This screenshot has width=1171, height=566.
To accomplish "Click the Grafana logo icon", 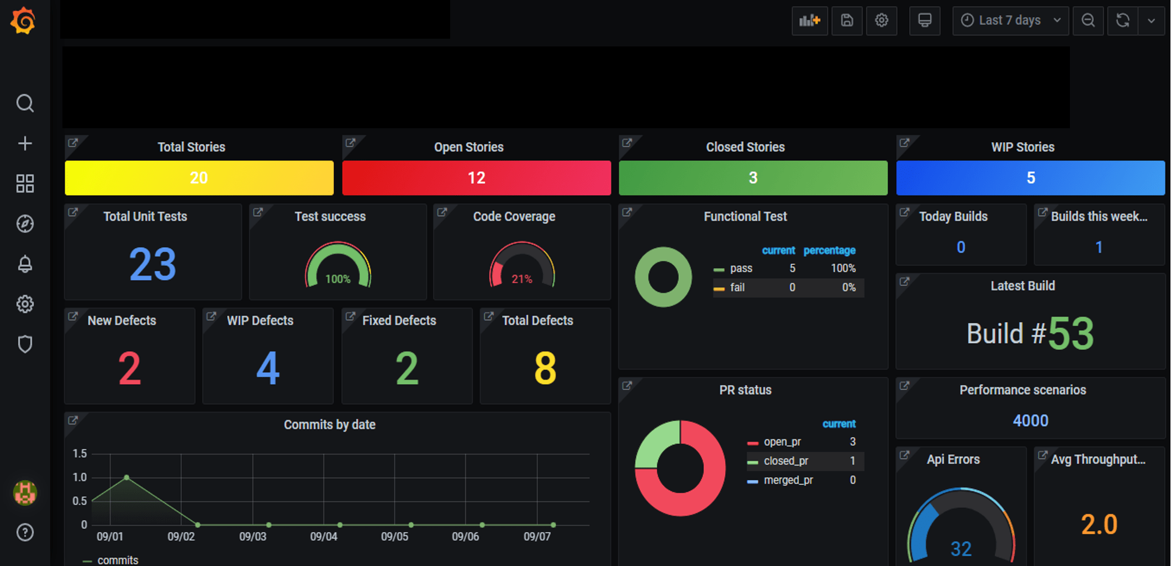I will (23, 21).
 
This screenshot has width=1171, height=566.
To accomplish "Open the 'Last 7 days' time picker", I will (1010, 20).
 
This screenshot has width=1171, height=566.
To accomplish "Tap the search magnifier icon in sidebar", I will (25, 103).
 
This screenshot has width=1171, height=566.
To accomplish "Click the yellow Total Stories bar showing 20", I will (199, 178).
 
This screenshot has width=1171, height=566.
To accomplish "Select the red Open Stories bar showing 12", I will (476, 178).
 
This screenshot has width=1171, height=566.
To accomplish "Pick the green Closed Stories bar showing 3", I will (753, 178).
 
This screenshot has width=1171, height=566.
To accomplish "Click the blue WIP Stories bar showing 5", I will (1030, 178).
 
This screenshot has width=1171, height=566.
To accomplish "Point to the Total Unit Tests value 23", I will (152, 264).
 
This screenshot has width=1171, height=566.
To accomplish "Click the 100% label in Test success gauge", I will (337, 279).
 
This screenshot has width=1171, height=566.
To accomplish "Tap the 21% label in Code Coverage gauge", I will (521, 279).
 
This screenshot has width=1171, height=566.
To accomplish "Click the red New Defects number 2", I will (130, 368).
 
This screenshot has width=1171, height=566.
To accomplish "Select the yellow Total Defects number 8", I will (545, 368).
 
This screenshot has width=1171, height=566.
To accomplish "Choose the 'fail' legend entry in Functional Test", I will (737, 287).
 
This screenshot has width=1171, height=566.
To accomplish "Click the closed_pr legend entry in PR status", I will (785, 461).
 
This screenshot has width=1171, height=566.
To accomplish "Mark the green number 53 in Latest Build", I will (1070, 333).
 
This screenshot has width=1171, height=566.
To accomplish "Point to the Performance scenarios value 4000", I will (1030, 421).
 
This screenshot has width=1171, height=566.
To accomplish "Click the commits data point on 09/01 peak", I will (126, 477).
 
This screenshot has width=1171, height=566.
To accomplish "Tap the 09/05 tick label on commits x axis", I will (394, 536).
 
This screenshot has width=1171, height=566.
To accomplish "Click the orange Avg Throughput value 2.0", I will (1099, 525).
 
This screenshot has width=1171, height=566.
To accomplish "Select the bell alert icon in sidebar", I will (25, 264).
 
